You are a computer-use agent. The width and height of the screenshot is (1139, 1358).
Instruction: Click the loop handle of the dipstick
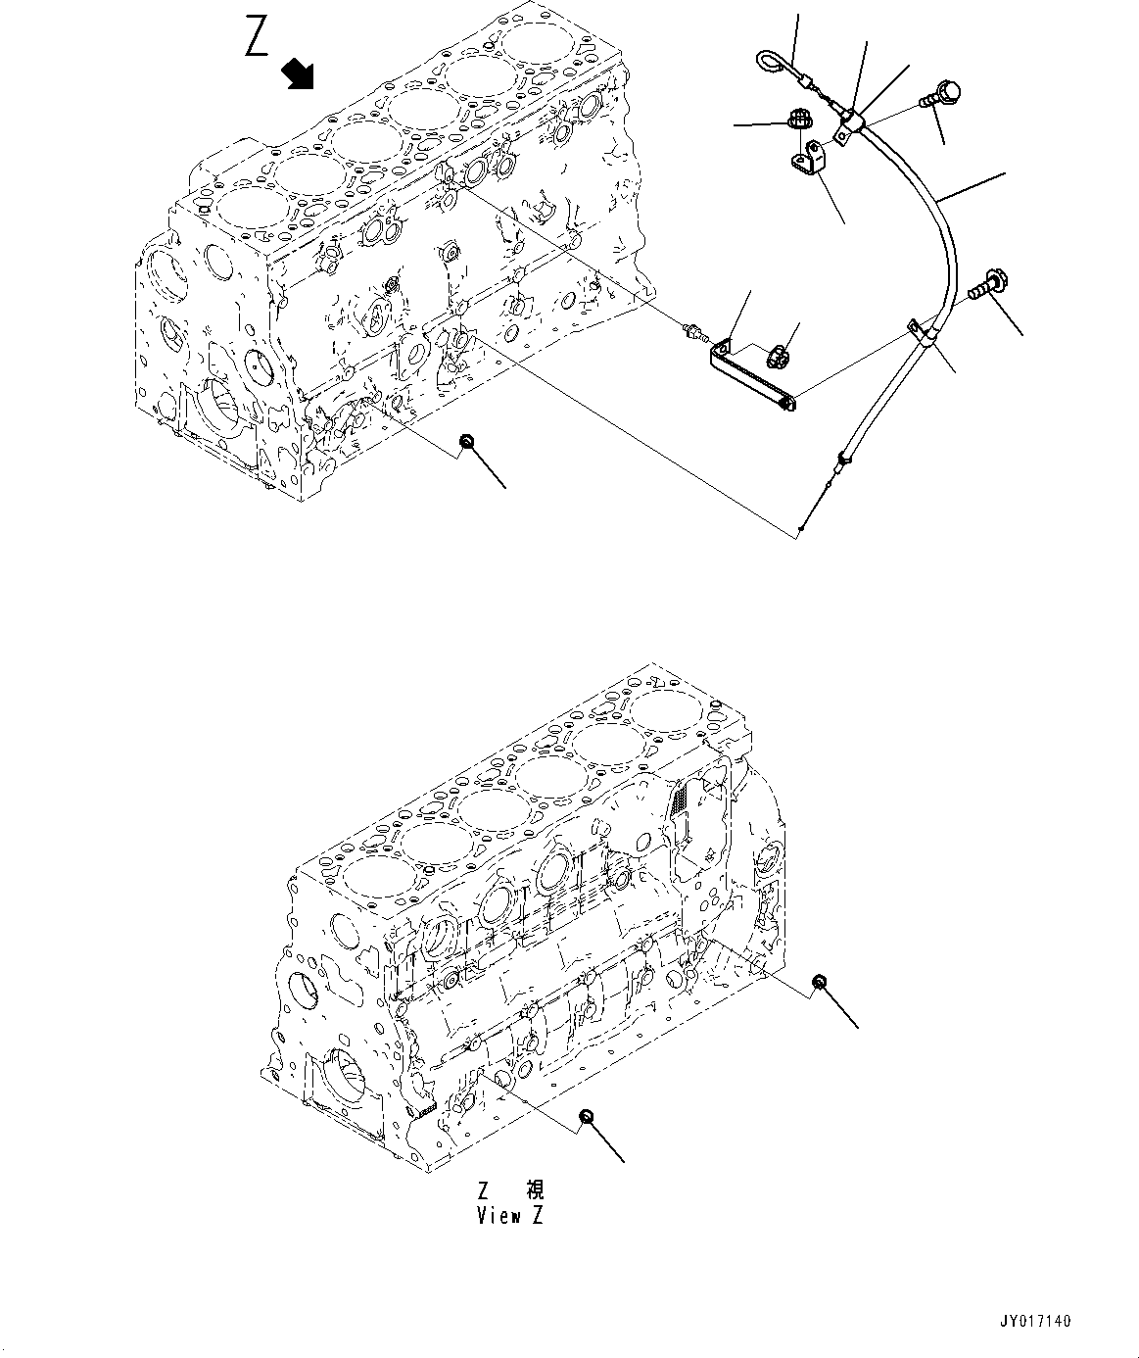[769, 65]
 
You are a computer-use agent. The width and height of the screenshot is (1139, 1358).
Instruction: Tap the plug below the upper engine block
[468, 445]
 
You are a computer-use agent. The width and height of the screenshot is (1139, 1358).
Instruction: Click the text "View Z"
[509, 1215]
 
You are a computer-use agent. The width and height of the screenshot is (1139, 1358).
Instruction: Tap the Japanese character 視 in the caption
[535, 1190]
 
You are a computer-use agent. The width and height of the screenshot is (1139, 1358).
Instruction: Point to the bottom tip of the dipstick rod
[801, 530]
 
